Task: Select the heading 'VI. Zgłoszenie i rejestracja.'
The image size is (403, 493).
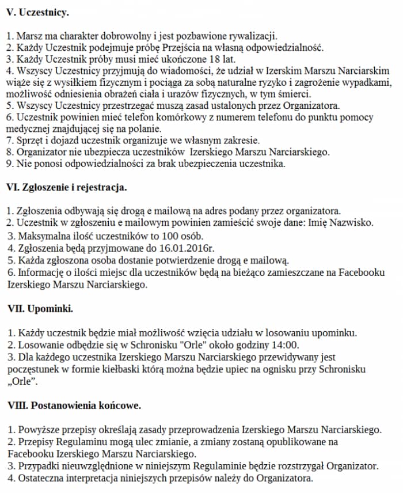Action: tap(67, 188)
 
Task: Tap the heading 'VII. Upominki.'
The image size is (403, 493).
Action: tap(40, 309)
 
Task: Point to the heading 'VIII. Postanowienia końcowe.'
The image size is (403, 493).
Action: tap(74, 405)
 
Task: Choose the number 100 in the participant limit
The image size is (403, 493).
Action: tap(166, 236)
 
